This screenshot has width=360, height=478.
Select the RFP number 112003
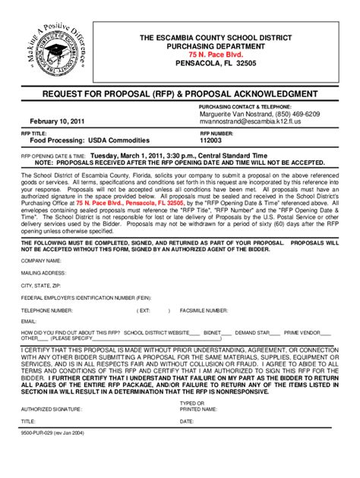212,140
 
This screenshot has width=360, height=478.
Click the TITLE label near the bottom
28,420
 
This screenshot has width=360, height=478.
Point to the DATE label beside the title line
187,420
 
